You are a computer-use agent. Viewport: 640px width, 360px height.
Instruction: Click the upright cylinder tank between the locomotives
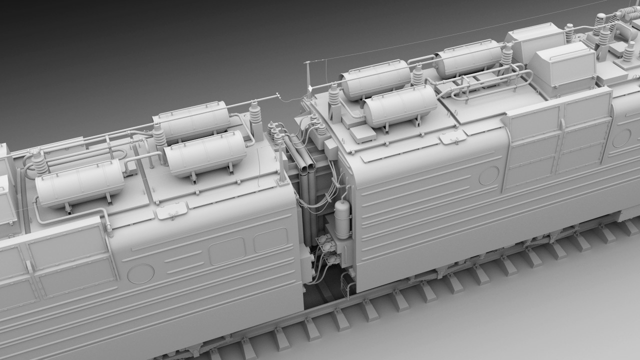343,219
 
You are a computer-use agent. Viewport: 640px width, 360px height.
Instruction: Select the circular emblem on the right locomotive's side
488,175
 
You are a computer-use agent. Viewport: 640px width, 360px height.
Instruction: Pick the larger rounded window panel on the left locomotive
227,251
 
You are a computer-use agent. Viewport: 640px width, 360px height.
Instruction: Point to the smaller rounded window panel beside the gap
270,240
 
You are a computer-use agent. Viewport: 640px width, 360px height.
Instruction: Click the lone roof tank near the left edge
80,183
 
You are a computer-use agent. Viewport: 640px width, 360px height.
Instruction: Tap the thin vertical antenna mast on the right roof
307,77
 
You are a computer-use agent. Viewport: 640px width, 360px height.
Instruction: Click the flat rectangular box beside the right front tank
363,133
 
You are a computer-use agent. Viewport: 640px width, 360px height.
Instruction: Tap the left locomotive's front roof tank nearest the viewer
205,154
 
